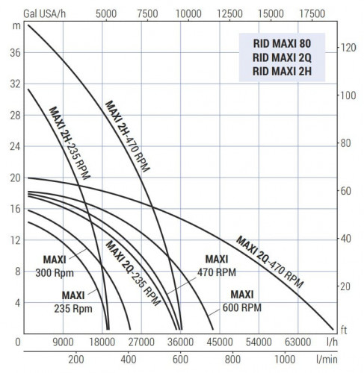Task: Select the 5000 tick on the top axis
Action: [x=107, y=13]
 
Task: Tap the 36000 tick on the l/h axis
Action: [x=179, y=342]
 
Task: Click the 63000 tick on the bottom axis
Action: [x=297, y=342]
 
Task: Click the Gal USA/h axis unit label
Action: [x=45, y=13]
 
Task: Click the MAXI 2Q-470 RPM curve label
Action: [x=270, y=262]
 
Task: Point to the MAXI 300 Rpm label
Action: [x=53, y=266]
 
